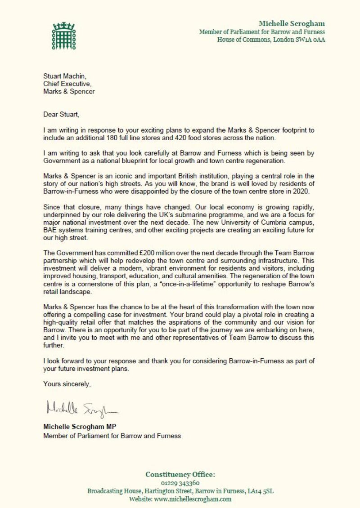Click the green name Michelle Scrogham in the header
tap(292, 23)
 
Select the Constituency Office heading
tap(180, 474)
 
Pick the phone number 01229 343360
tap(180, 483)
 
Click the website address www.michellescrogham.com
tap(193, 499)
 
